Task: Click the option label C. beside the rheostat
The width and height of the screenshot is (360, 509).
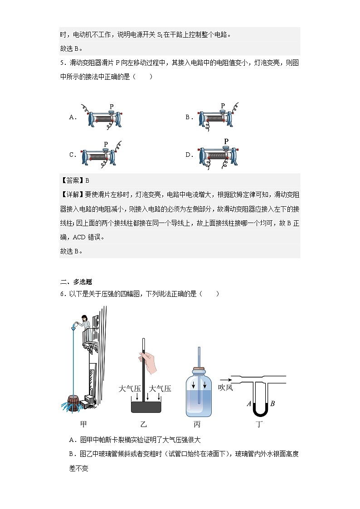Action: (73, 155)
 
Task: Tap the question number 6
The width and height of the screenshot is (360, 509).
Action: (62, 294)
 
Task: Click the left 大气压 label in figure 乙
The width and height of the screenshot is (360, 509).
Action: (128, 388)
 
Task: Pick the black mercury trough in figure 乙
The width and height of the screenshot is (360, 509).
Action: (146, 406)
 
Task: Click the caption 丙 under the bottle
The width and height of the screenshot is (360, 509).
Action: (197, 425)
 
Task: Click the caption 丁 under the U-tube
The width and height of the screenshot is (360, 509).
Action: (260, 425)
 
